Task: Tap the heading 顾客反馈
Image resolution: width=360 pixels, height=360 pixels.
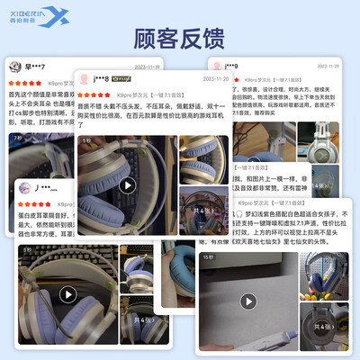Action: pos(180,40)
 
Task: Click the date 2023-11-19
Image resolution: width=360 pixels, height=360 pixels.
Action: pos(148,66)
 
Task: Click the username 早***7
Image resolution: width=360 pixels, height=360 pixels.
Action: pos(37,67)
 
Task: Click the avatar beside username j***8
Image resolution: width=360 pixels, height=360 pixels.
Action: pos(84,78)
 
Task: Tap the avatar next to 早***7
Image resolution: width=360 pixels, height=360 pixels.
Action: pos(14,67)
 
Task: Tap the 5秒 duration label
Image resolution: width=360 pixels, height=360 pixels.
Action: pos(87,140)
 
